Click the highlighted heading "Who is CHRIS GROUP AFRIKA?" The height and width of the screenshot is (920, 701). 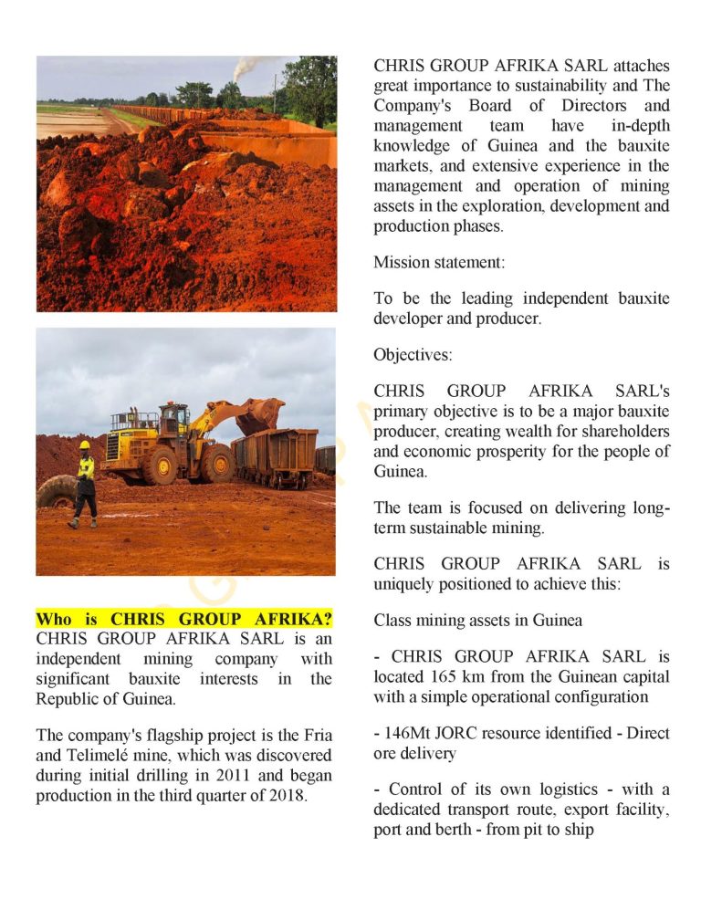point(183,618)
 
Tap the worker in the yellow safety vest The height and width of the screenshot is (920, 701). point(85,484)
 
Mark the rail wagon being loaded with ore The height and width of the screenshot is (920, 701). point(274,456)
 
